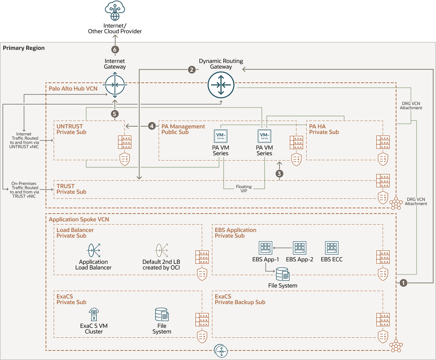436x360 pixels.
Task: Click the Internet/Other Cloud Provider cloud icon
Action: tap(115, 11)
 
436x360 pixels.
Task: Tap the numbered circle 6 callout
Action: tap(115, 50)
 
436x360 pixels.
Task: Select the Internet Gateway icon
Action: tap(115, 85)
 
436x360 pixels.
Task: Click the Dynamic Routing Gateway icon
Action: tap(221, 85)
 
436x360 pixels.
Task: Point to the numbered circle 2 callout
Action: tap(192, 70)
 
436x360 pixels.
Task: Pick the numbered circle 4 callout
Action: tap(152, 126)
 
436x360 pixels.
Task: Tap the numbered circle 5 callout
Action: tap(114, 114)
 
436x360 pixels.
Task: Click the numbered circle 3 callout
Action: tap(279, 174)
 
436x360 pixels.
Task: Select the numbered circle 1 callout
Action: tap(403, 283)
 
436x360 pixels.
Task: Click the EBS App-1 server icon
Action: tap(265, 248)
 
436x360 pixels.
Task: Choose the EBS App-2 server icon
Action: tap(300, 248)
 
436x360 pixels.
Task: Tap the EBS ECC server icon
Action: tap(332, 248)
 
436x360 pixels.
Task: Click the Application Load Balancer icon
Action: tap(94, 250)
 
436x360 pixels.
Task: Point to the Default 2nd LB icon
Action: tap(161, 250)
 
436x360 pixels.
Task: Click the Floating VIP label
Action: tap(244, 189)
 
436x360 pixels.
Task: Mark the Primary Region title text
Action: tap(24, 48)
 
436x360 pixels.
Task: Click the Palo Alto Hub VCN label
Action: tap(73, 89)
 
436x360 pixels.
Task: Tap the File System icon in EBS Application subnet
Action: tap(283, 274)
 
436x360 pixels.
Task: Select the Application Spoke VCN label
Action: tap(79, 220)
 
